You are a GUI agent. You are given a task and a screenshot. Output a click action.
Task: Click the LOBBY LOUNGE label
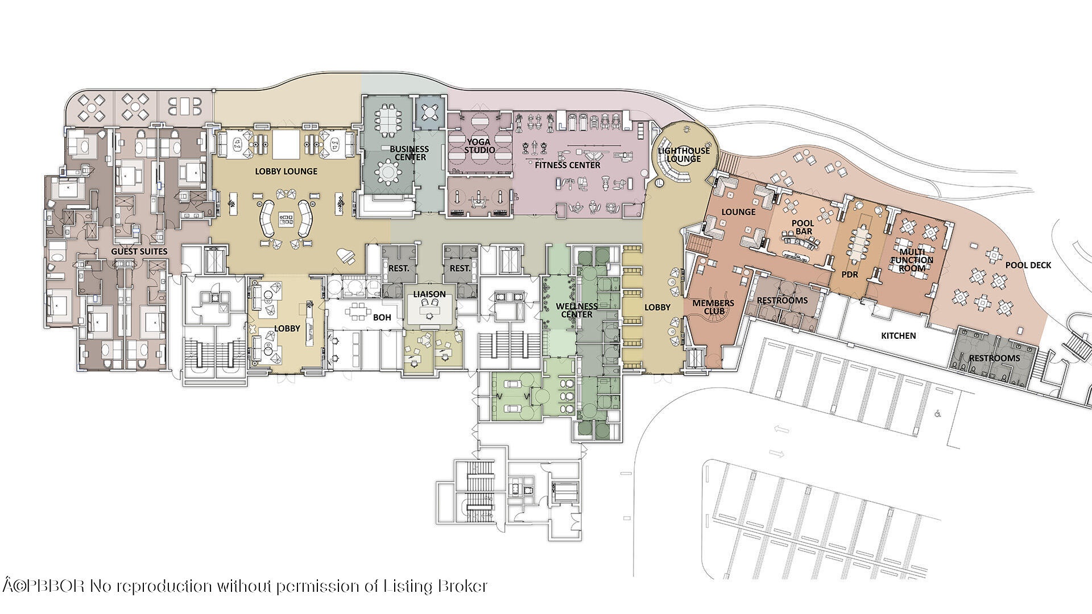click(286, 171)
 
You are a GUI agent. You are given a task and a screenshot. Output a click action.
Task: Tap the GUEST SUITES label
click(139, 251)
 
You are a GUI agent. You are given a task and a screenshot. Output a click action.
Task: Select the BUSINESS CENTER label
click(409, 153)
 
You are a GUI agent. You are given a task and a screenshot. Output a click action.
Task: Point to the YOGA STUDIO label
click(479, 146)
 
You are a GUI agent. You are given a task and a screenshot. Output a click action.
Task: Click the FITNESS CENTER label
click(568, 165)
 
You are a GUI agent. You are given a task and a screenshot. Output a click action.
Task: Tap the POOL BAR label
click(803, 227)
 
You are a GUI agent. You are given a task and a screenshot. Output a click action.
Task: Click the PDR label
click(850, 275)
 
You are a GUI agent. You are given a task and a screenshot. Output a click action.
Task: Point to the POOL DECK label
click(1028, 265)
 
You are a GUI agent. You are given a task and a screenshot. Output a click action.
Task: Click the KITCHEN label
click(899, 336)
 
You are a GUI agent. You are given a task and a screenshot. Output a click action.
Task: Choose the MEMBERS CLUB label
click(713, 307)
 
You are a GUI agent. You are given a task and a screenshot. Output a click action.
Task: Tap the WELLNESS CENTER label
click(577, 310)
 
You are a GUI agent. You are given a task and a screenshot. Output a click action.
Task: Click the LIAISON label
click(429, 294)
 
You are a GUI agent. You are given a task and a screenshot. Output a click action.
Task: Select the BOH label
click(382, 317)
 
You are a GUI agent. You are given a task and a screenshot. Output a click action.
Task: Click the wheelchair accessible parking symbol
click(937, 414)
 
